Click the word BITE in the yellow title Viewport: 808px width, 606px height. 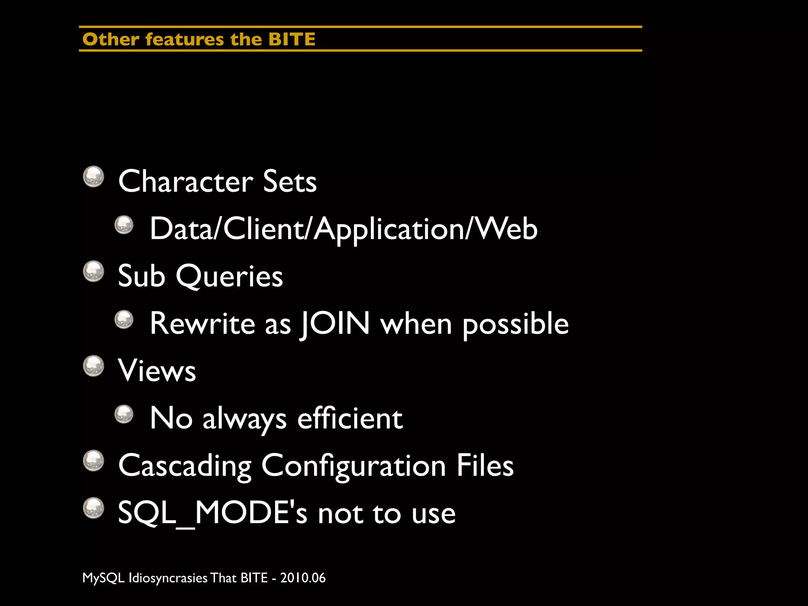pos(292,39)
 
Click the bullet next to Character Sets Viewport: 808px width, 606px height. pos(94,176)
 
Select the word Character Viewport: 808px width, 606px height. pos(185,181)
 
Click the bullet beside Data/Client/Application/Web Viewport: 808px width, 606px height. pos(124,225)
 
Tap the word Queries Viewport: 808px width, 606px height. pos(229,276)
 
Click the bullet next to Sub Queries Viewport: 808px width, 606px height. pos(94,271)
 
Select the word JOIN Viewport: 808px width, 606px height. pos(335,324)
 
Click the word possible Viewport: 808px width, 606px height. pos(515,324)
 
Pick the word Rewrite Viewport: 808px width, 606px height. pos(202,324)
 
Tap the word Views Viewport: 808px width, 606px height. pos(157,371)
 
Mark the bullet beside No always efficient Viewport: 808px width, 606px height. pos(124,414)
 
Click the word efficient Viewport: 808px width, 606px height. pos(350,418)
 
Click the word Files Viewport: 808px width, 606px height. pos(485,466)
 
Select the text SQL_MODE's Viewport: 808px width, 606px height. pos(212,513)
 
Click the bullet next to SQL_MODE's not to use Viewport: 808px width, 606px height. pos(94,508)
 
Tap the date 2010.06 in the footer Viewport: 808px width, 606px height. pos(303,578)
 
